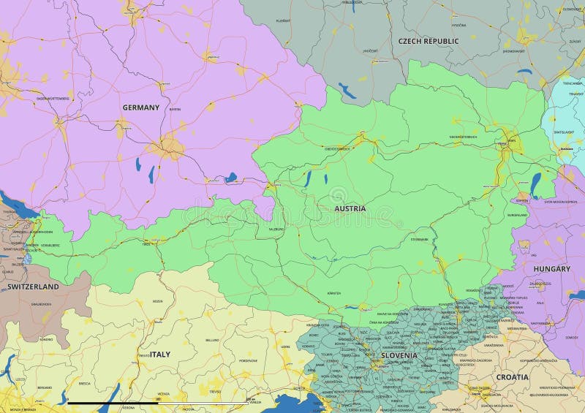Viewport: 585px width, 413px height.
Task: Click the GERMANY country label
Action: click(140, 107)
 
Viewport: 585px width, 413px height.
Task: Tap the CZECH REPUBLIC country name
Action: click(429, 41)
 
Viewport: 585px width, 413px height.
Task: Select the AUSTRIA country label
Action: click(350, 208)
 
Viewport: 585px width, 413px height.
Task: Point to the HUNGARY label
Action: click(551, 269)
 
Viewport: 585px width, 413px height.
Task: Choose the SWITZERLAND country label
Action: click(33, 287)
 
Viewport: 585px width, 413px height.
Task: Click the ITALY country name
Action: click(160, 355)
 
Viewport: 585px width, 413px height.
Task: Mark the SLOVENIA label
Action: click(399, 356)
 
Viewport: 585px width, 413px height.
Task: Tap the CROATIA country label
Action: click(512, 377)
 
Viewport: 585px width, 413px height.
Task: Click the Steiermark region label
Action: click(420, 239)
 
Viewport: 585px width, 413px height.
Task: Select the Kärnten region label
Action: click(334, 292)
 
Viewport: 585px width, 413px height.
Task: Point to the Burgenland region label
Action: click(518, 215)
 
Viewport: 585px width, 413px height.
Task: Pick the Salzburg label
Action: click(276, 229)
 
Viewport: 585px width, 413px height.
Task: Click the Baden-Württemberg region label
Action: click(53, 98)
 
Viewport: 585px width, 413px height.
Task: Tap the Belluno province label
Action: click(212, 340)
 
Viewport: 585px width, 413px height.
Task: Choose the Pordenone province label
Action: click(248, 360)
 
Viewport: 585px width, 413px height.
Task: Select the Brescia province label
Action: click(85, 383)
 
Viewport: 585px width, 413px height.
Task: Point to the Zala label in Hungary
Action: click(539, 302)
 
